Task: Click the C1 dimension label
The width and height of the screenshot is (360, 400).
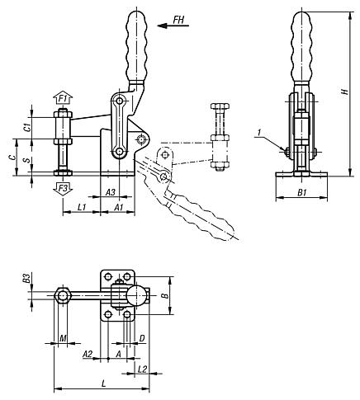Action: [x=27, y=126]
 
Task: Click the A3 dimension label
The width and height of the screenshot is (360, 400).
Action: [x=111, y=191]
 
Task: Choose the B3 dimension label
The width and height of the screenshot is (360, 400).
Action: [x=27, y=277]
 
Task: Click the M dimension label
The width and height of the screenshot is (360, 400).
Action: [x=63, y=339]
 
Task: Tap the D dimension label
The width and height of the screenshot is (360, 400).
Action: [x=142, y=338]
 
